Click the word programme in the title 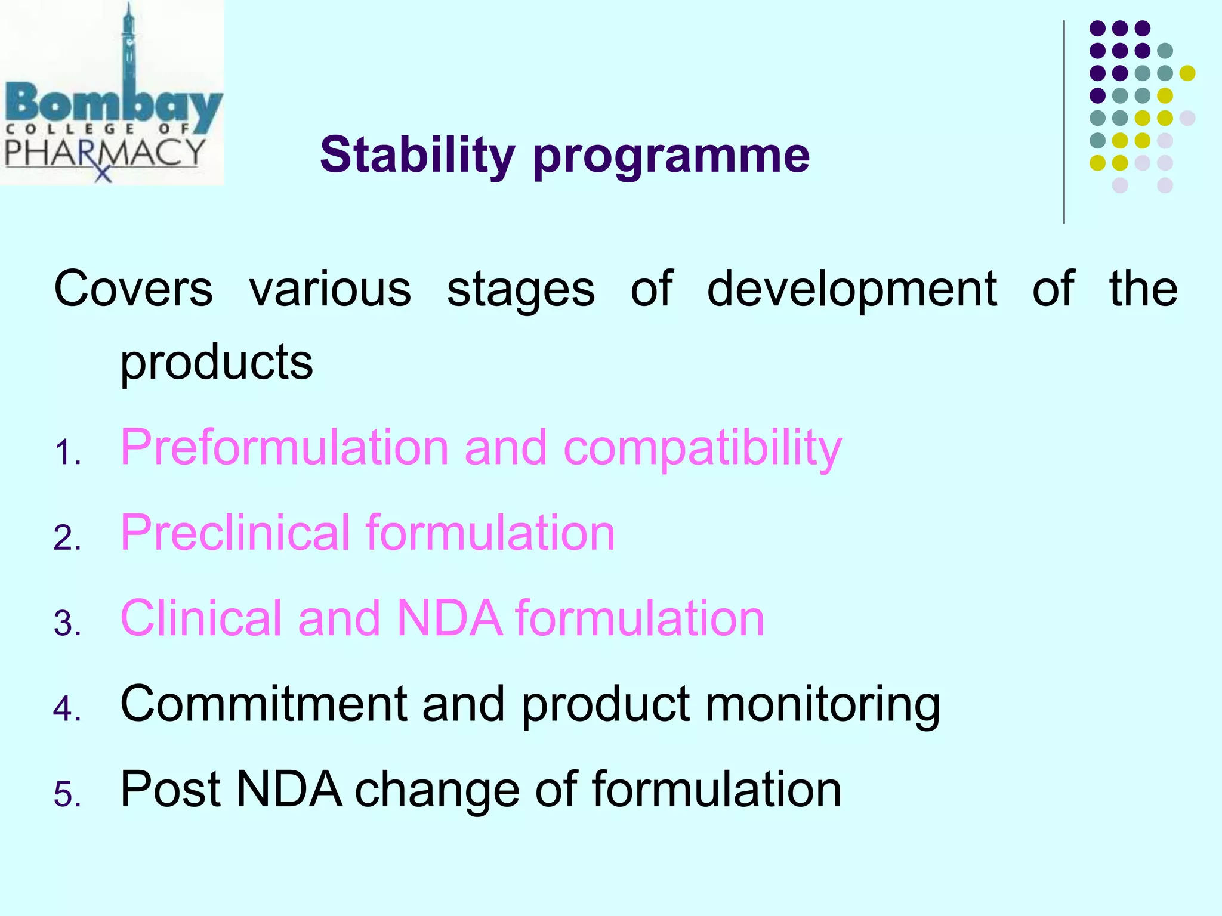(x=671, y=156)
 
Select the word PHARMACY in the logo (x=105, y=153)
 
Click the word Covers (x=133, y=289)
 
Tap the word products (x=216, y=363)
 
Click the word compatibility (x=702, y=448)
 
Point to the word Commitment (x=263, y=704)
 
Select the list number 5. (x=67, y=794)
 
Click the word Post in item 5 (x=171, y=789)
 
